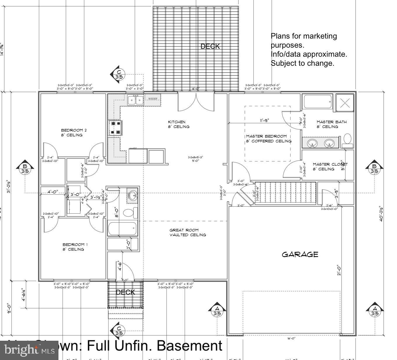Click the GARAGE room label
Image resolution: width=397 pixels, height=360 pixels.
point(300,255)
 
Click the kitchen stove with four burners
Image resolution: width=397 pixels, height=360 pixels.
point(115,128)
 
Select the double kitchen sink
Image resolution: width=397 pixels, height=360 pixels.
point(135,100)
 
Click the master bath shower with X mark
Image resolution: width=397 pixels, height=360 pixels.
point(345,103)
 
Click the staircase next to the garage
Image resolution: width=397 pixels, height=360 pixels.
point(285,193)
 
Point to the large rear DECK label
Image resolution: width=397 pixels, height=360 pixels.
point(210,46)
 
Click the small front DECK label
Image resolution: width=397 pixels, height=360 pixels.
point(125,292)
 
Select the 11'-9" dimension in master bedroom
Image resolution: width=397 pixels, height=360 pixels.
point(264,120)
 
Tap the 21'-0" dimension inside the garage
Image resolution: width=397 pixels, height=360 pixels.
point(339,270)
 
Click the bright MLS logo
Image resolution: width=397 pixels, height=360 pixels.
point(29,350)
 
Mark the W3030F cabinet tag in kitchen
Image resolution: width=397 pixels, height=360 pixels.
point(153,99)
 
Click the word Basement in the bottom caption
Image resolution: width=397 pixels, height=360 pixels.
point(189,346)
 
